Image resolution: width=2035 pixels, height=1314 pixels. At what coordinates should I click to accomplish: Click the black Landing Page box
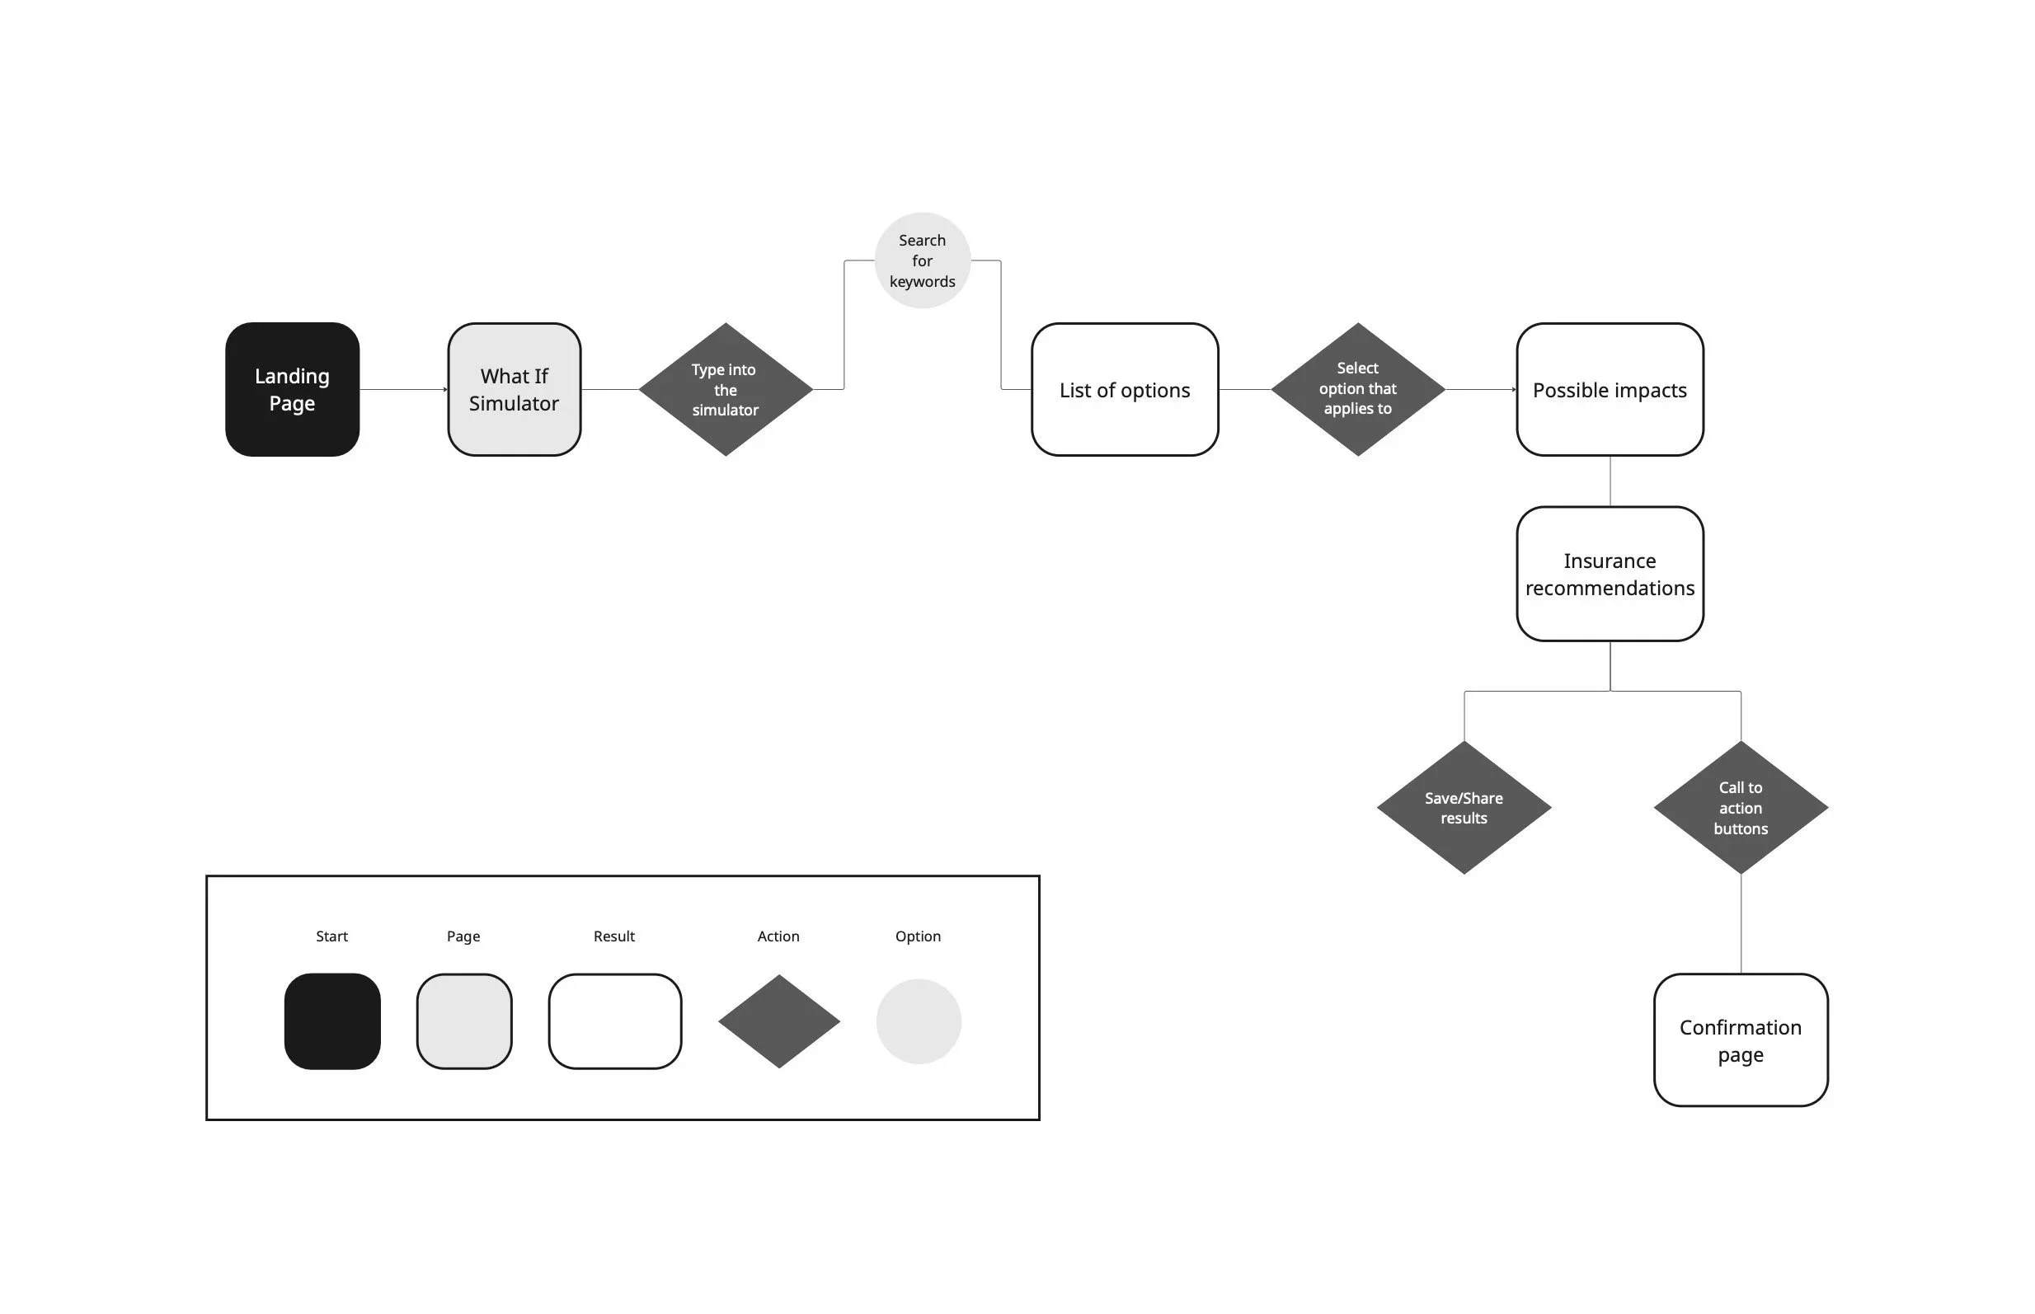[292, 389]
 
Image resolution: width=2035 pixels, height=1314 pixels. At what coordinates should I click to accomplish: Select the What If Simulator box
[514, 389]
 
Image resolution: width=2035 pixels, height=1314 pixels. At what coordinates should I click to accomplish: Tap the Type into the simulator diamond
[726, 389]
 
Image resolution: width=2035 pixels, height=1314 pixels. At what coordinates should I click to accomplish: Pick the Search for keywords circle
[922, 260]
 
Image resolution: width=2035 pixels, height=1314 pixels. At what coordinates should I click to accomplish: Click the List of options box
[1124, 389]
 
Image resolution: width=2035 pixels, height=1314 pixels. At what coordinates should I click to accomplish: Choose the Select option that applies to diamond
[1357, 389]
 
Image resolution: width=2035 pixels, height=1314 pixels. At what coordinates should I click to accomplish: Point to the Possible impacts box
[1610, 389]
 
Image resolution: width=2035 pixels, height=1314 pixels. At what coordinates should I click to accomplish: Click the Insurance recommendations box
[1610, 574]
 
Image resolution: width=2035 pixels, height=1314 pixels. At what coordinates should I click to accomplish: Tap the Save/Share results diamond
[1464, 807]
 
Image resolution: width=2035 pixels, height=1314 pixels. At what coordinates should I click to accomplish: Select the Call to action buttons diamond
[1740, 807]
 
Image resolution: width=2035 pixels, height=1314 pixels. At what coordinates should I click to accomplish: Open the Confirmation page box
[1740, 1039]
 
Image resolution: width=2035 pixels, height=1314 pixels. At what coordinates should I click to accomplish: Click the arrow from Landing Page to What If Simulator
[402, 389]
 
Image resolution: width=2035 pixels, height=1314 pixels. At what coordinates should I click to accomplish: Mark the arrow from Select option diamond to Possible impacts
[1480, 389]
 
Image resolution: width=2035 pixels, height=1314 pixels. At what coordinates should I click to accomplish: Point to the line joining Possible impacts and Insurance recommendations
[1610, 481]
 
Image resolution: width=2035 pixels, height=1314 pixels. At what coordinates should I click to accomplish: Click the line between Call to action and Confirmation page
[1741, 923]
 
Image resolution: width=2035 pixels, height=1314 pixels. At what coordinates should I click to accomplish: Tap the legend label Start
[332, 936]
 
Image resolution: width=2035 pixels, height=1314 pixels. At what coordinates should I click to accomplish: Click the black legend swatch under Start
[332, 1021]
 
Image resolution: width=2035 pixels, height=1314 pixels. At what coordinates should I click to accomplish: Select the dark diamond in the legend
[778, 1021]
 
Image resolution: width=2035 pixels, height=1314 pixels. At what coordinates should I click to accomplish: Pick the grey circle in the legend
[918, 1021]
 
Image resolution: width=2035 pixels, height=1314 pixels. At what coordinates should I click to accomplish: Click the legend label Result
[613, 936]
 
